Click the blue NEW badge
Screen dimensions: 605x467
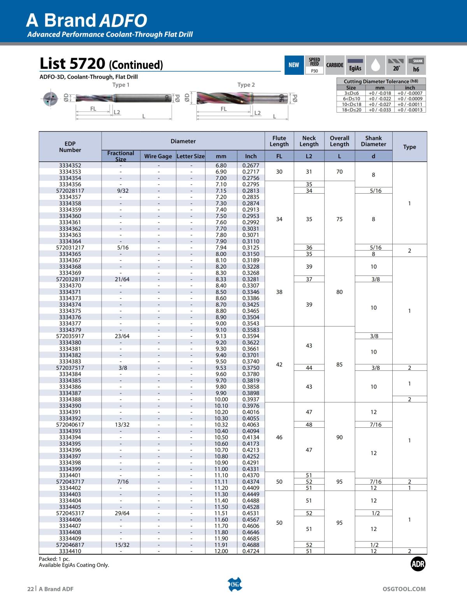(x=293, y=65)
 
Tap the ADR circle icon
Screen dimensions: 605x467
(x=418, y=564)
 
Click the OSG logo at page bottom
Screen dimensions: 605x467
(x=235, y=584)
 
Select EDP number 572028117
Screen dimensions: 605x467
(x=70, y=190)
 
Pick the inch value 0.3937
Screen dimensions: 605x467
(x=251, y=399)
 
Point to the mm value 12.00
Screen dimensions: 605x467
(x=221, y=551)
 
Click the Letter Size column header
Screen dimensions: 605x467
(x=190, y=156)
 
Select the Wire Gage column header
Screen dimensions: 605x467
(x=158, y=156)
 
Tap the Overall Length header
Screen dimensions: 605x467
(x=339, y=141)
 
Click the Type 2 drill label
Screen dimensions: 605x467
(x=246, y=85)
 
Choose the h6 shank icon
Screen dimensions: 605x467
(x=416, y=65)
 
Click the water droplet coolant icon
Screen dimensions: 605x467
(x=376, y=65)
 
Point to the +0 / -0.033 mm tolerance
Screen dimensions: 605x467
(x=380, y=110)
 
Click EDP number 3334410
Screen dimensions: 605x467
(x=70, y=551)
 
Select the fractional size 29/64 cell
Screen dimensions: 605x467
(x=122, y=513)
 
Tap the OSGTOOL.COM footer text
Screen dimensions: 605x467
(x=404, y=589)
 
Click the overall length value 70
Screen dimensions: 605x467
(x=339, y=172)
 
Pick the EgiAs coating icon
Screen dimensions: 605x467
(x=355, y=65)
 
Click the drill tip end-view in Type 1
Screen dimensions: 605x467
(x=50, y=98)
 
